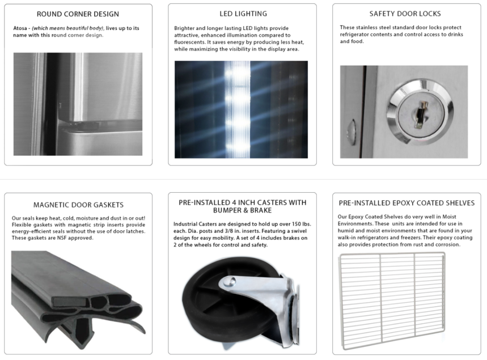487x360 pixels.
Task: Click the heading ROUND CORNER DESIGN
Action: coord(78,14)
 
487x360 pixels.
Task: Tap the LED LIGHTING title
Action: coord(243,14)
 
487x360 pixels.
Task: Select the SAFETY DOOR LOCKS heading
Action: coord(405,14)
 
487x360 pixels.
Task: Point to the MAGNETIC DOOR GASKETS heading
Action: coord(78,205)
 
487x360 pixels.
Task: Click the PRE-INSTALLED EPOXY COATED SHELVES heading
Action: coord(406,203)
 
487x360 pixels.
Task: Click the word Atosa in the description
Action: coord(20,28)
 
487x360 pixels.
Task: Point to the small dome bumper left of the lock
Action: coord(352,133)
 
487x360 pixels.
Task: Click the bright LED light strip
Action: coord(238,109)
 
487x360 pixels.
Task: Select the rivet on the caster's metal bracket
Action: coord(231,281)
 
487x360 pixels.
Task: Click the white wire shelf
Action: coord(392,300)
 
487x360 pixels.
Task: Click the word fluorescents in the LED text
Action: coord(189,43)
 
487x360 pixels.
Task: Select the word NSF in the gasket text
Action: coord(61,238)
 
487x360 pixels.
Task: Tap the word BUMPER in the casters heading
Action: coord(227,210)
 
